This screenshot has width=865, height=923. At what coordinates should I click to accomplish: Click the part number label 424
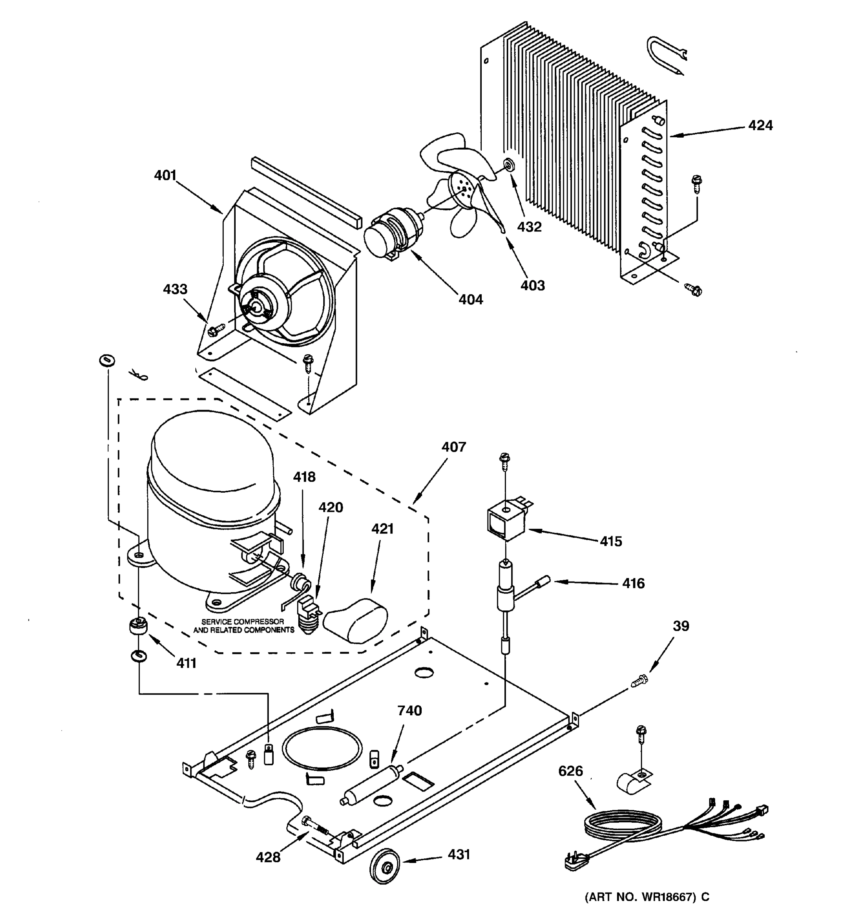(760, 125)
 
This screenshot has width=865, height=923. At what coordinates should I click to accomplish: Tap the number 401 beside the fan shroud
(165, 175)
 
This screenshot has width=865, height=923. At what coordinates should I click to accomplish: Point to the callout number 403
(532, 285)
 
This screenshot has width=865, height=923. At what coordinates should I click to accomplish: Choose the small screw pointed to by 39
(639, 681)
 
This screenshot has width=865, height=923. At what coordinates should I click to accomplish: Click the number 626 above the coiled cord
(571, 771)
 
